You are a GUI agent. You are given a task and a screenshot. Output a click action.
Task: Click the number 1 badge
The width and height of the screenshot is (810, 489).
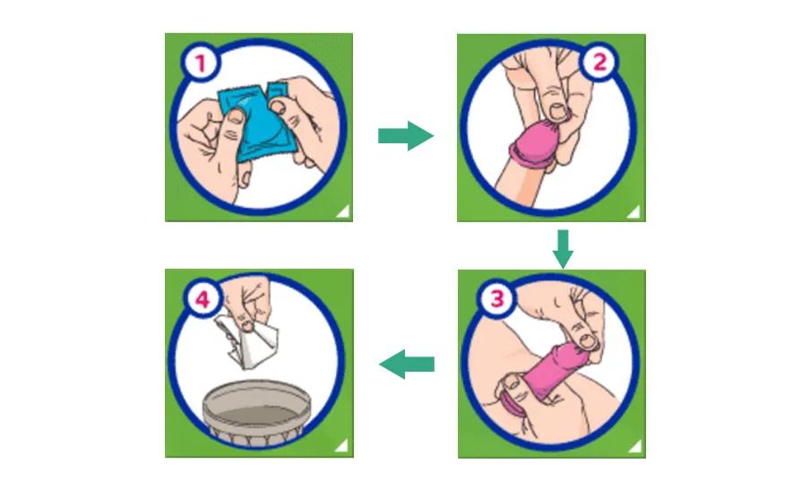(x=201, y=63)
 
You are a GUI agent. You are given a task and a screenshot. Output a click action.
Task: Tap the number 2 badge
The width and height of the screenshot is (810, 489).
(x=599, y=62)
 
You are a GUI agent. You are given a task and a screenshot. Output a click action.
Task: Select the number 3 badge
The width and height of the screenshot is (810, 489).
(x=496, y=298)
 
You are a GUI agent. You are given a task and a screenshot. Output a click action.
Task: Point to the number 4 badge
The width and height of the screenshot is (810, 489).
(x=202, y=298)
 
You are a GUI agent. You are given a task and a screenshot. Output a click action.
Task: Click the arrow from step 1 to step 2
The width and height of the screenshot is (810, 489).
(x=406, y=136)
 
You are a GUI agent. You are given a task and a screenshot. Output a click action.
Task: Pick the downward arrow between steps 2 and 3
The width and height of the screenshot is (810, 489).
(x=563, y=249)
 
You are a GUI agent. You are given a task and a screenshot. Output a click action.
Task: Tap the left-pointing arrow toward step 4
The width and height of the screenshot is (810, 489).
(x=407, y=365)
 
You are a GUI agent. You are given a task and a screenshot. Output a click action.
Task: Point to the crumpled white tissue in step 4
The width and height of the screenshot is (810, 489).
(x=247, y=341)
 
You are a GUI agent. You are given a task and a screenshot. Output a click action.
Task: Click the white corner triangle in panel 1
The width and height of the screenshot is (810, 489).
(x=342, y=211)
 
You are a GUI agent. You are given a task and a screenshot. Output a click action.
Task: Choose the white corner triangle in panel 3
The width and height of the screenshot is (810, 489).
(x=635, y=446)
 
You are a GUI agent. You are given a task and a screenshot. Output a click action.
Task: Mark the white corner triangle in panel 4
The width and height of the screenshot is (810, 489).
(x=342, y=445)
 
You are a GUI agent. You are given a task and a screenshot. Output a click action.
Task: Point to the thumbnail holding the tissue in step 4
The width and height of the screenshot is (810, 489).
(x=248, y=326)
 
